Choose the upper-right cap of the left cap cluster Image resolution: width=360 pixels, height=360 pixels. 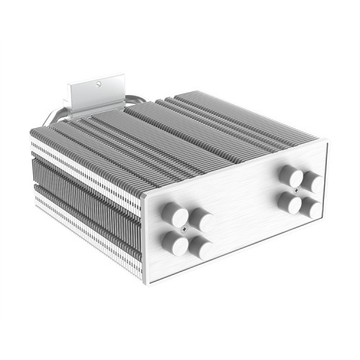click(202, 221)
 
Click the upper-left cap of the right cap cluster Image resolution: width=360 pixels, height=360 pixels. click(290, 174)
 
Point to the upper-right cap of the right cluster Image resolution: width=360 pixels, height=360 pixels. click(312, 182)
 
